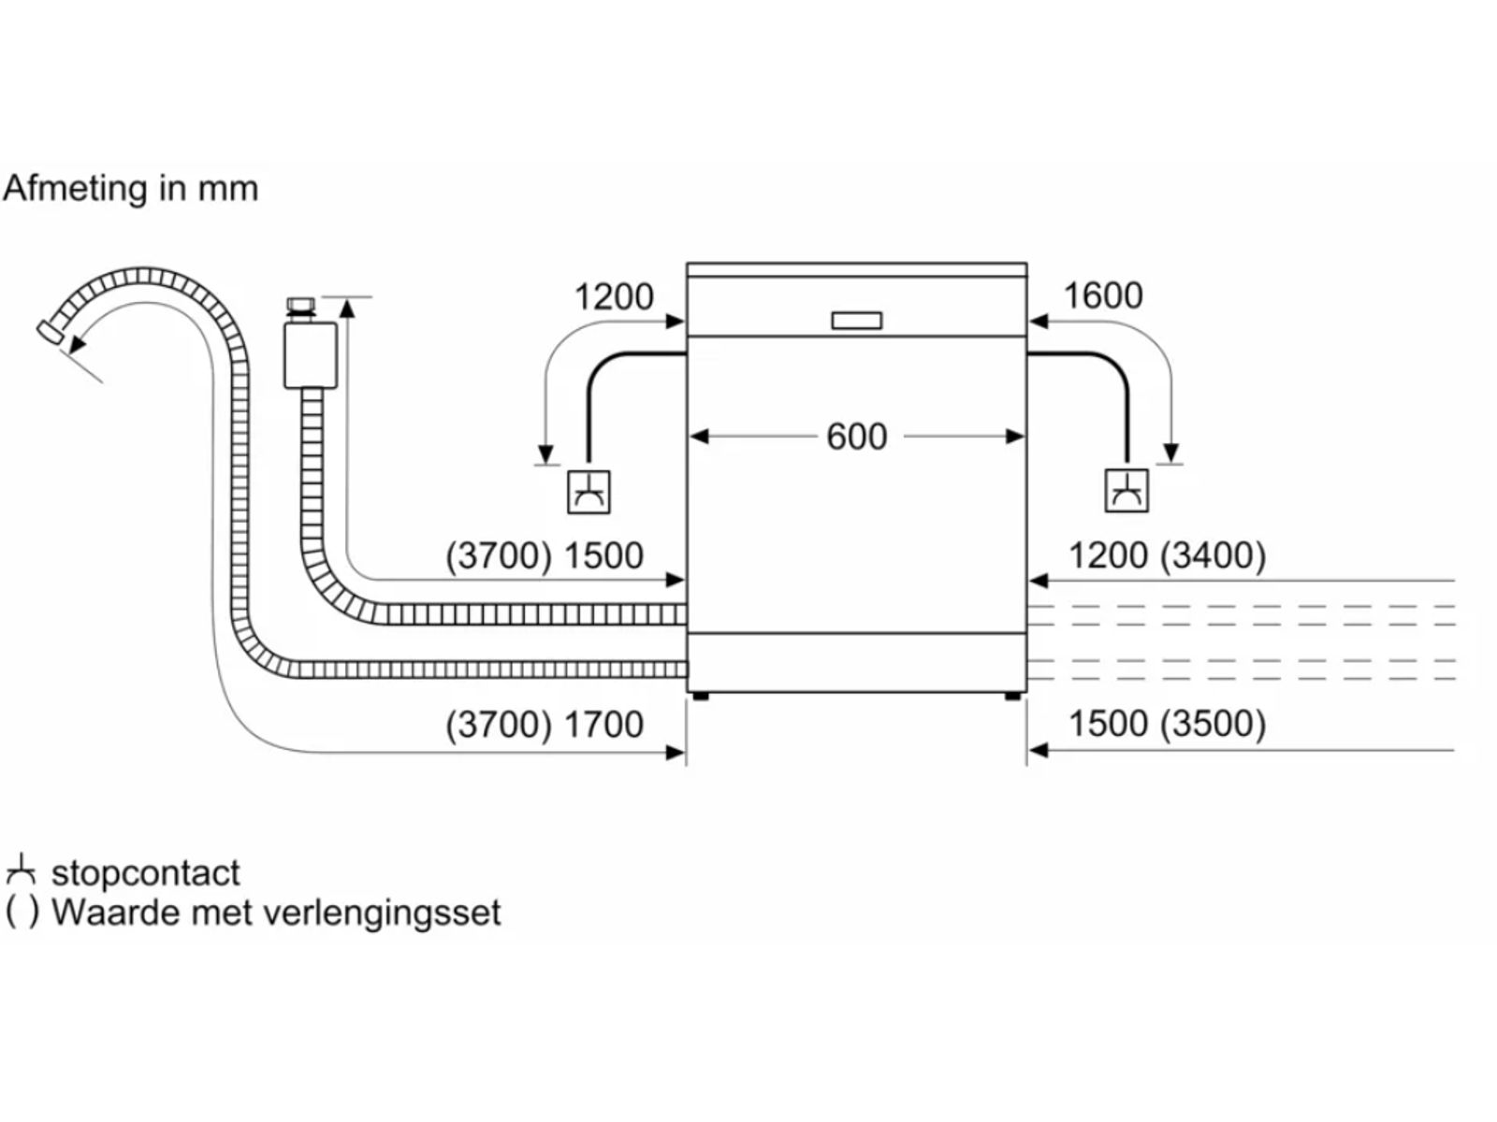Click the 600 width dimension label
(856, 437)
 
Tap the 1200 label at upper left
(613, 297)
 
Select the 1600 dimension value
(1102, 295)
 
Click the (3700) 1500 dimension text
(545, 555)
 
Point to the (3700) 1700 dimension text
(545, 725)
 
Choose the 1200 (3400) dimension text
(1167, 555)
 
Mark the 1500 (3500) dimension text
(1167, 724)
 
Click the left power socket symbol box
(589, 491)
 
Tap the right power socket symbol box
(1126, 490)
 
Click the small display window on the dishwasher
(856, 321)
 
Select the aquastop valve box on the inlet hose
(311, 355)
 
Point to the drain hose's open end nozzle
(50, 334)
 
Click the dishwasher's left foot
(699, 697)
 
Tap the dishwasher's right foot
(1013, 697)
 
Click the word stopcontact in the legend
(146, 873)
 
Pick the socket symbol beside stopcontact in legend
(21, 871)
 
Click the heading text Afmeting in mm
(130, 189)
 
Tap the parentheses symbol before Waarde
(22, 913)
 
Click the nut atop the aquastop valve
(300, 307)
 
